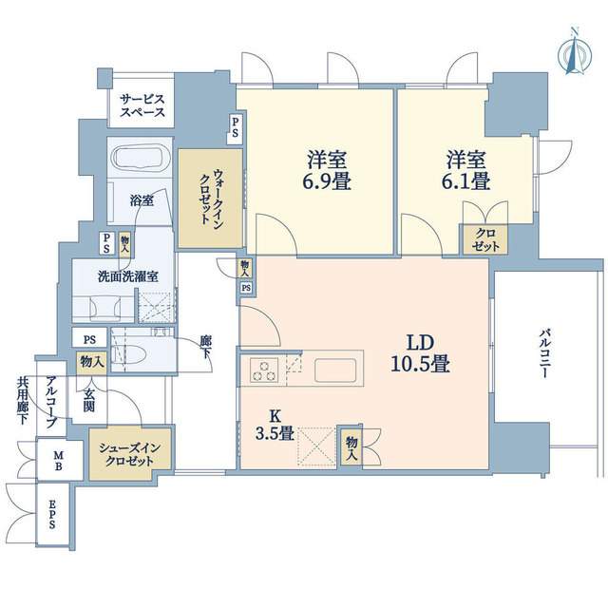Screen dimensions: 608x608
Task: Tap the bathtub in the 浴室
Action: pos(141,159)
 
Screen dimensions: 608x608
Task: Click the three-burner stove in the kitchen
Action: pos(264,370)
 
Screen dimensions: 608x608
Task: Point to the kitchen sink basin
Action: pos(335,370)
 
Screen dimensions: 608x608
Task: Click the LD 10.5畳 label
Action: pos(420,353)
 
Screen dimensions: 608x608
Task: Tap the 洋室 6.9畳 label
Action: pos(327,170)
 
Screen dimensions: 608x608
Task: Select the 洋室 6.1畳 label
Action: pos(465,170)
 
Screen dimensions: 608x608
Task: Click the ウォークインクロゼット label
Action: pos(211,197)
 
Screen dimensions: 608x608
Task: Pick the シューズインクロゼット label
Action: pos(129,454)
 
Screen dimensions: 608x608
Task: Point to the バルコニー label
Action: pos(544,353)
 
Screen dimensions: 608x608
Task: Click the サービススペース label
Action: pos(142,105)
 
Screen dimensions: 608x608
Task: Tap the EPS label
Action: pos(52,514)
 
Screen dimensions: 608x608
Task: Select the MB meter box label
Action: pos(58,460)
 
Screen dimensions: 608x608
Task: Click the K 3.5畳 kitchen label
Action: pos(275,425)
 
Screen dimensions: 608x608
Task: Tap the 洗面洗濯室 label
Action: pos(128,276)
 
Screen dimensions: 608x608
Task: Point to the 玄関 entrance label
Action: pos(88,400)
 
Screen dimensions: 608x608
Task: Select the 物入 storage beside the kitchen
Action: pos(351,449)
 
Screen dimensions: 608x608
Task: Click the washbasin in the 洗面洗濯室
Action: pos(104,308)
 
